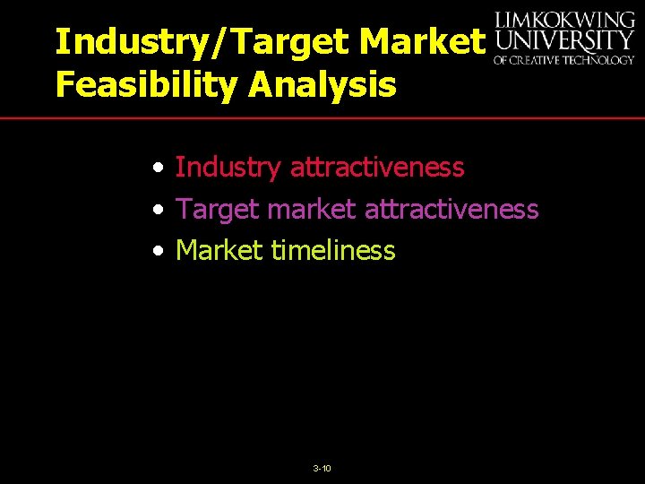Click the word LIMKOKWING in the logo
coord(563,20)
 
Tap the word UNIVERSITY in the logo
coord(563,41)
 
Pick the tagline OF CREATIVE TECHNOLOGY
coord(563,60)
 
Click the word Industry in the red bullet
coord(228,167)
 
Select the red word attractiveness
coord(377,167)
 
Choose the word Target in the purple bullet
coord(218,209)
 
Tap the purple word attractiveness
coord(451,209)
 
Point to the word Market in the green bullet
coord(219,250)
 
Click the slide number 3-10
coord(322,469)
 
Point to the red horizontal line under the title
coord(322,118)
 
